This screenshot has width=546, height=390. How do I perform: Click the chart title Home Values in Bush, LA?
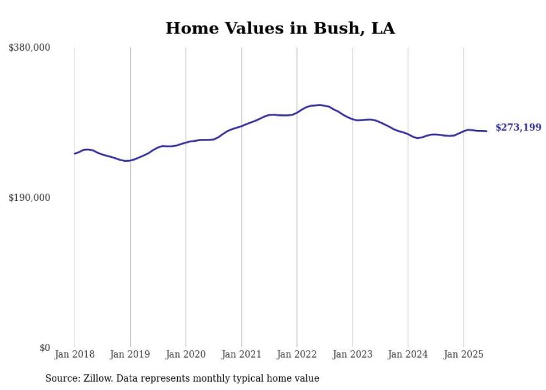[x=280, y=28]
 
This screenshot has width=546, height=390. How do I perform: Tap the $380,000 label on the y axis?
[x=29, y=48]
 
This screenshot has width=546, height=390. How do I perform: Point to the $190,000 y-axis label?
[x=29, y=198]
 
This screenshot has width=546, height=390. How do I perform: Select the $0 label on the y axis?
[x=45, y=348]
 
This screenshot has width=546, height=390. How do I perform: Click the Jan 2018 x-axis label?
[x=75, y=354]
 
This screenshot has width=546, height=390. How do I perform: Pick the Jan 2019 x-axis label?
[x=130, y=354]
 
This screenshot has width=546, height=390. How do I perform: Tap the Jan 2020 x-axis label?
[x=186, y=354]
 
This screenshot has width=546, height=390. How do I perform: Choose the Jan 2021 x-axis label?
[x=241, y=354]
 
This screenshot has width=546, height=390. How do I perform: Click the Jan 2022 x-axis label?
[x=297, y=354]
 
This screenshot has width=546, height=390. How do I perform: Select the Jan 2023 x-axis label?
[x=352, y=354]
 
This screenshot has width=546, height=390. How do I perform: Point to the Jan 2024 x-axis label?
[x=408, y=354]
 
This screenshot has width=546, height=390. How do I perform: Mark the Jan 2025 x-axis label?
[x=464, y=354]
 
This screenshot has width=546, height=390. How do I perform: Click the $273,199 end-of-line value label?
[x=518, y=128]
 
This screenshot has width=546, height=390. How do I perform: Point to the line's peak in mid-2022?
[x=319, y=105]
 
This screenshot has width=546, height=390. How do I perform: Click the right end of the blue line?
[x=487, y=131]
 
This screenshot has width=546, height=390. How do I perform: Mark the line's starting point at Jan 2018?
[x=75, y=153]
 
